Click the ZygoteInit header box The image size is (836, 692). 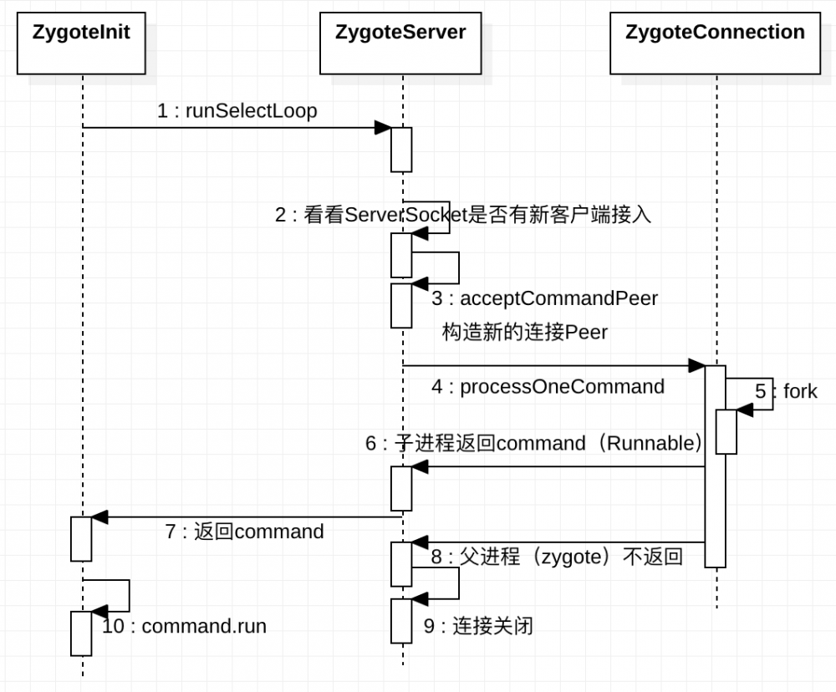(81, 43)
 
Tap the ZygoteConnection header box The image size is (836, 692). (716, 43)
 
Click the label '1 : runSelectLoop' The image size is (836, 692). (237, 111)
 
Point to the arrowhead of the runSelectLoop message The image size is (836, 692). (383, 127)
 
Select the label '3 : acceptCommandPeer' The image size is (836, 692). (544, 298)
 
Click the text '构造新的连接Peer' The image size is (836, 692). (524, 332)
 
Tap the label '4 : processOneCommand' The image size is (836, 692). (548, 386)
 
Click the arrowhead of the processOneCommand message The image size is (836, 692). (696, 365)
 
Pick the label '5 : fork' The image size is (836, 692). (786, 391)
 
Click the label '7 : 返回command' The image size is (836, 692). (244, 531)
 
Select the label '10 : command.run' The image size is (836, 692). (184, 626)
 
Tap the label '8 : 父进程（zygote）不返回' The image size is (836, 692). (557, 557)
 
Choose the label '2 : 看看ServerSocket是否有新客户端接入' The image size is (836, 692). (462, 215)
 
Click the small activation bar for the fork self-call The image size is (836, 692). (726, 431)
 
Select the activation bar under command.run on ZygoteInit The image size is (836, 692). (81, 633)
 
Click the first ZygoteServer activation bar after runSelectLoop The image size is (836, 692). (402, 149)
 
